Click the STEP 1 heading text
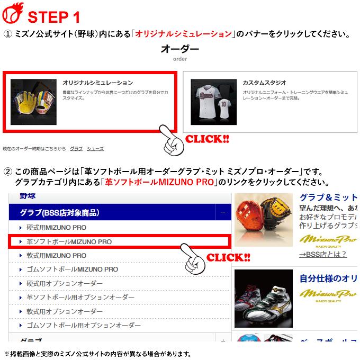pos(53,17)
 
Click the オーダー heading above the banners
pos(179,50)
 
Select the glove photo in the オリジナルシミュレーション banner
pos(33,102)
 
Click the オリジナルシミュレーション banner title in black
pos(97,83)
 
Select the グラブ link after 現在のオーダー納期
pos(76,149)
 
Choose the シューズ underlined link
pos(95,149)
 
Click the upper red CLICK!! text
pos(206,139)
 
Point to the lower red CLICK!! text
pos(228,258)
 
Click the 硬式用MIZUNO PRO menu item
pos(56,228)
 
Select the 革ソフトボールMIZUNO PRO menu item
pos(69,241)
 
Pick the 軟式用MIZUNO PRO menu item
pos(56,255)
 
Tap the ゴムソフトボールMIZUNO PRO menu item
pos(72,269)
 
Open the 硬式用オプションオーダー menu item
pos(65,283)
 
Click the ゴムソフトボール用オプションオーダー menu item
pos(84,325)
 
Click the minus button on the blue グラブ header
pos(223,213)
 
